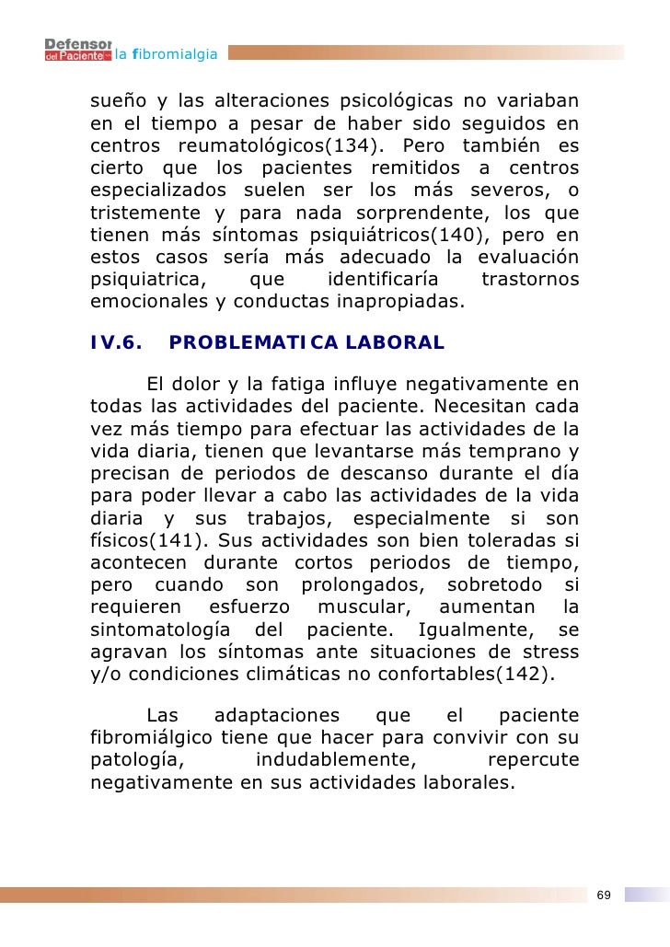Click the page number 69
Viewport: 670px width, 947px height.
pyautogui.click(x=604, y=895)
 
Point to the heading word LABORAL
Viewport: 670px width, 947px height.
pyautogui.click(x=399, y=343)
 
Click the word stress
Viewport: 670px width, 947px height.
pyautogui.click(x=552, y=652)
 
